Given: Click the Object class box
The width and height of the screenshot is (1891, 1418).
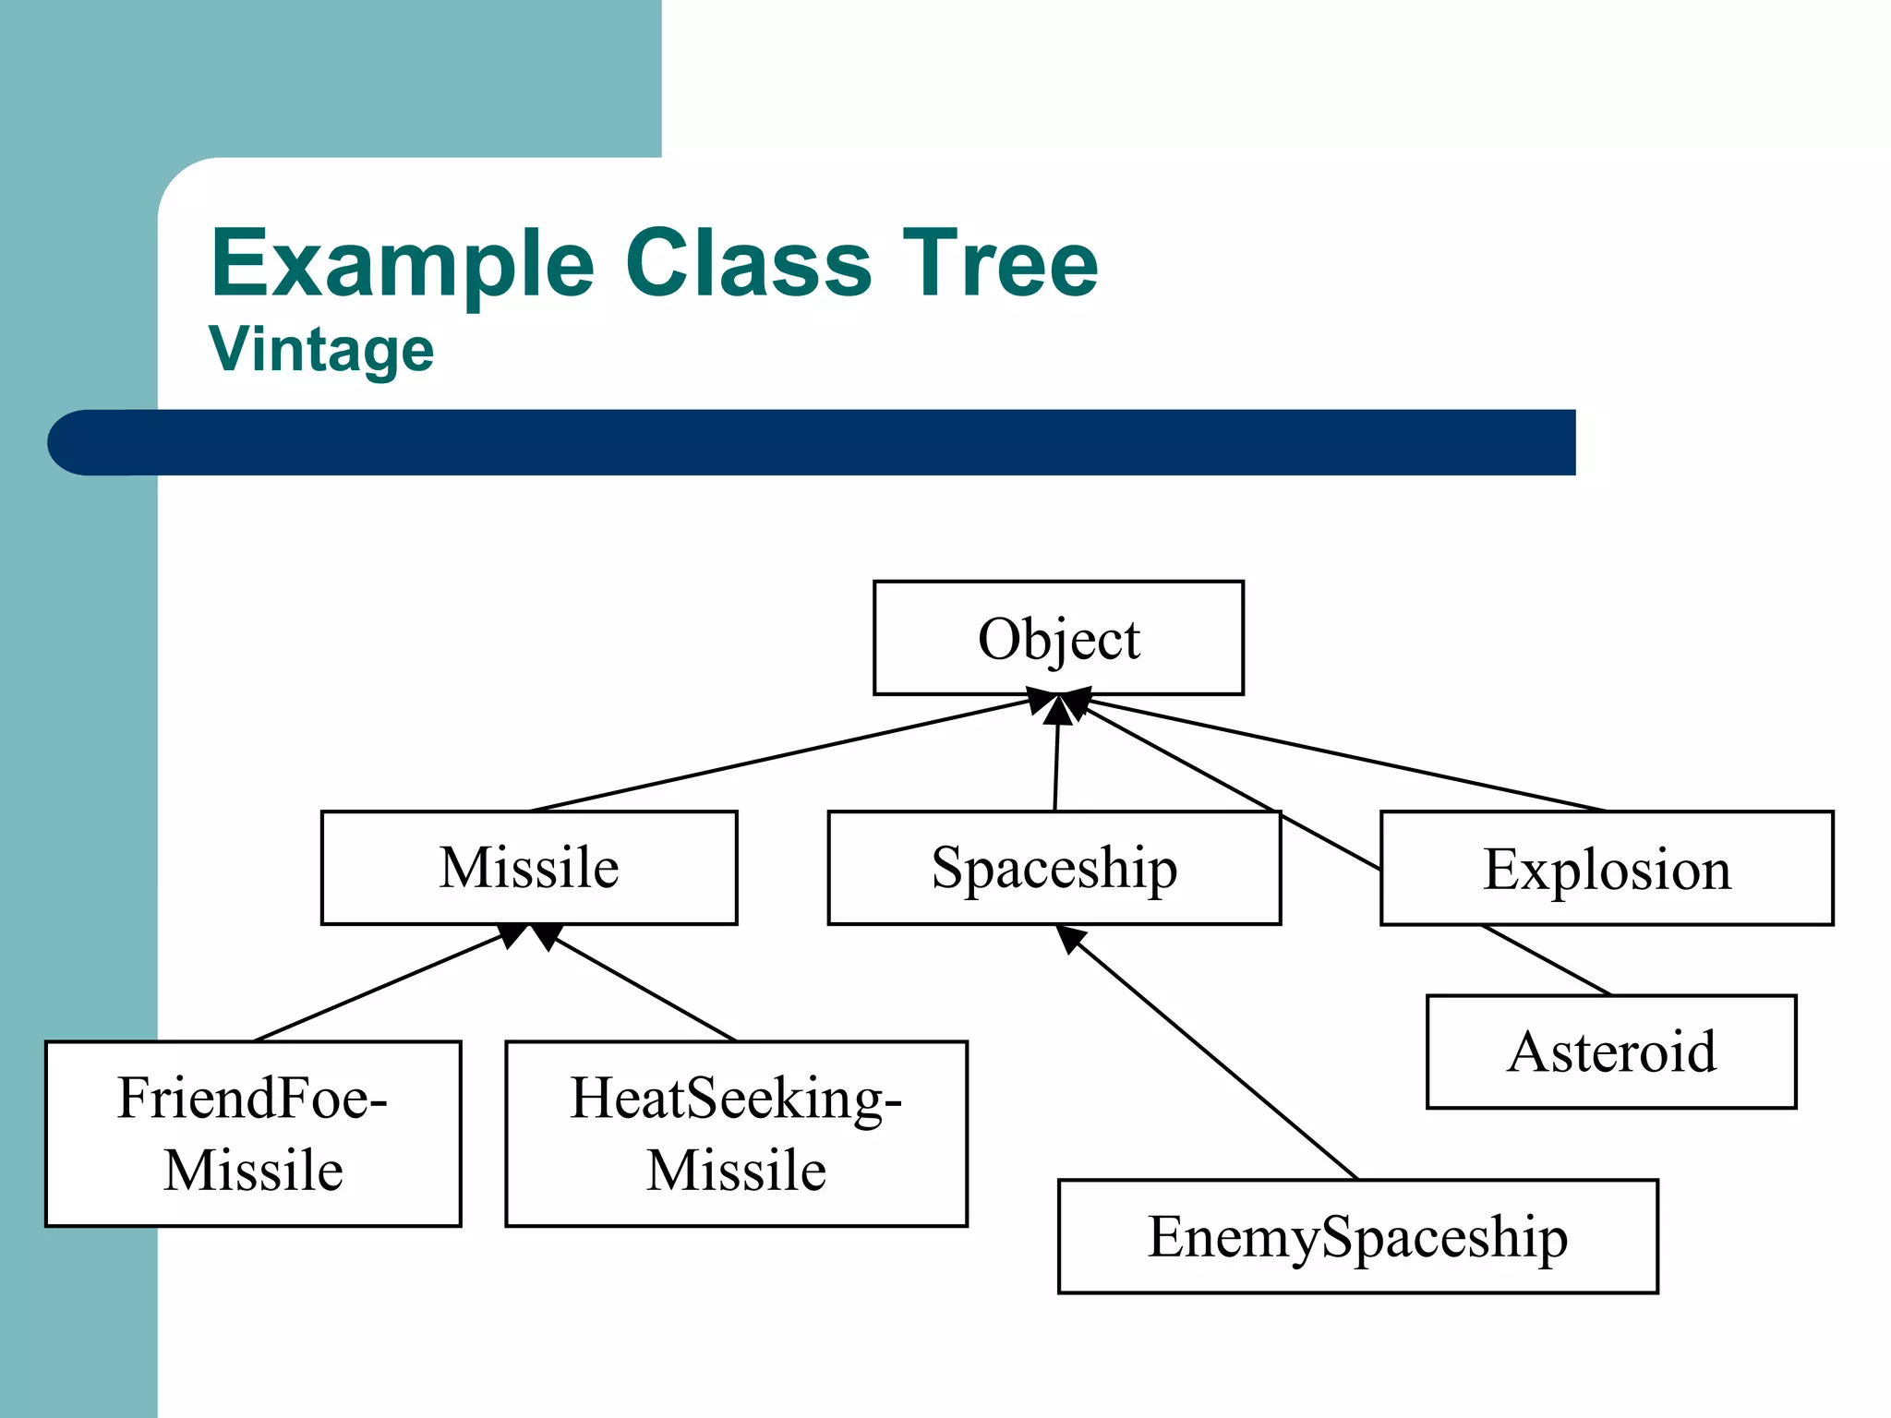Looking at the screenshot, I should click(x=1058, y=638).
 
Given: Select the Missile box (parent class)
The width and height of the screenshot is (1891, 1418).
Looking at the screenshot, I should click(x=529, y=868).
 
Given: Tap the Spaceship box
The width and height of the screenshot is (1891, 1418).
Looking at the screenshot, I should click(x=1054, y=868).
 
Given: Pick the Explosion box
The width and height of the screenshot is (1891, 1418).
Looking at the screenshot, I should click(x=1607, y=868).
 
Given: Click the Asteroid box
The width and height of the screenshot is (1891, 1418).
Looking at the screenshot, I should click(x=1611, y=1051).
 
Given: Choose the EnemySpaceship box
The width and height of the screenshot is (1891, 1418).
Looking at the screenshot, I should click(x=1357, y=1236).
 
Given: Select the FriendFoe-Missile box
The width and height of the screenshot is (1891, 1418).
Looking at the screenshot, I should click(x=253, y=1134).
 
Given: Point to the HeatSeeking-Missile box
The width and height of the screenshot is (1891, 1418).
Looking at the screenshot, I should click(x=736, y=1134).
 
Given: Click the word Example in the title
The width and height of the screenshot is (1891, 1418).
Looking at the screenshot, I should click(x=403, y=265).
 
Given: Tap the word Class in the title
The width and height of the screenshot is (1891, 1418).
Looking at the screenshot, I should click(x=748, y=265).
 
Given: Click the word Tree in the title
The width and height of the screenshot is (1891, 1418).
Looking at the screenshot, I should click(x=1000, y=265).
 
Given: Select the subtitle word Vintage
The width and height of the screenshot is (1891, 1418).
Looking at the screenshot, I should click(x=321, y=350).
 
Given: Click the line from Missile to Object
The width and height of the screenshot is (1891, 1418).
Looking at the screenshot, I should click(x=780, y=755).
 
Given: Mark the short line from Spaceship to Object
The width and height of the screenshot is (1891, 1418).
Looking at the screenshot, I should click(x=1056, y=766).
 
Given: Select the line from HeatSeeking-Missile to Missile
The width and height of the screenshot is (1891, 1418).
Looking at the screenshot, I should click(x=646, y=989).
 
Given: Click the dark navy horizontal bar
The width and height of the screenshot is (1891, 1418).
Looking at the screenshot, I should click(x=831, y=443).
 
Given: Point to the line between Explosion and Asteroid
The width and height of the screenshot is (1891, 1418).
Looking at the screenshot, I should click(x=1547, y=960).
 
